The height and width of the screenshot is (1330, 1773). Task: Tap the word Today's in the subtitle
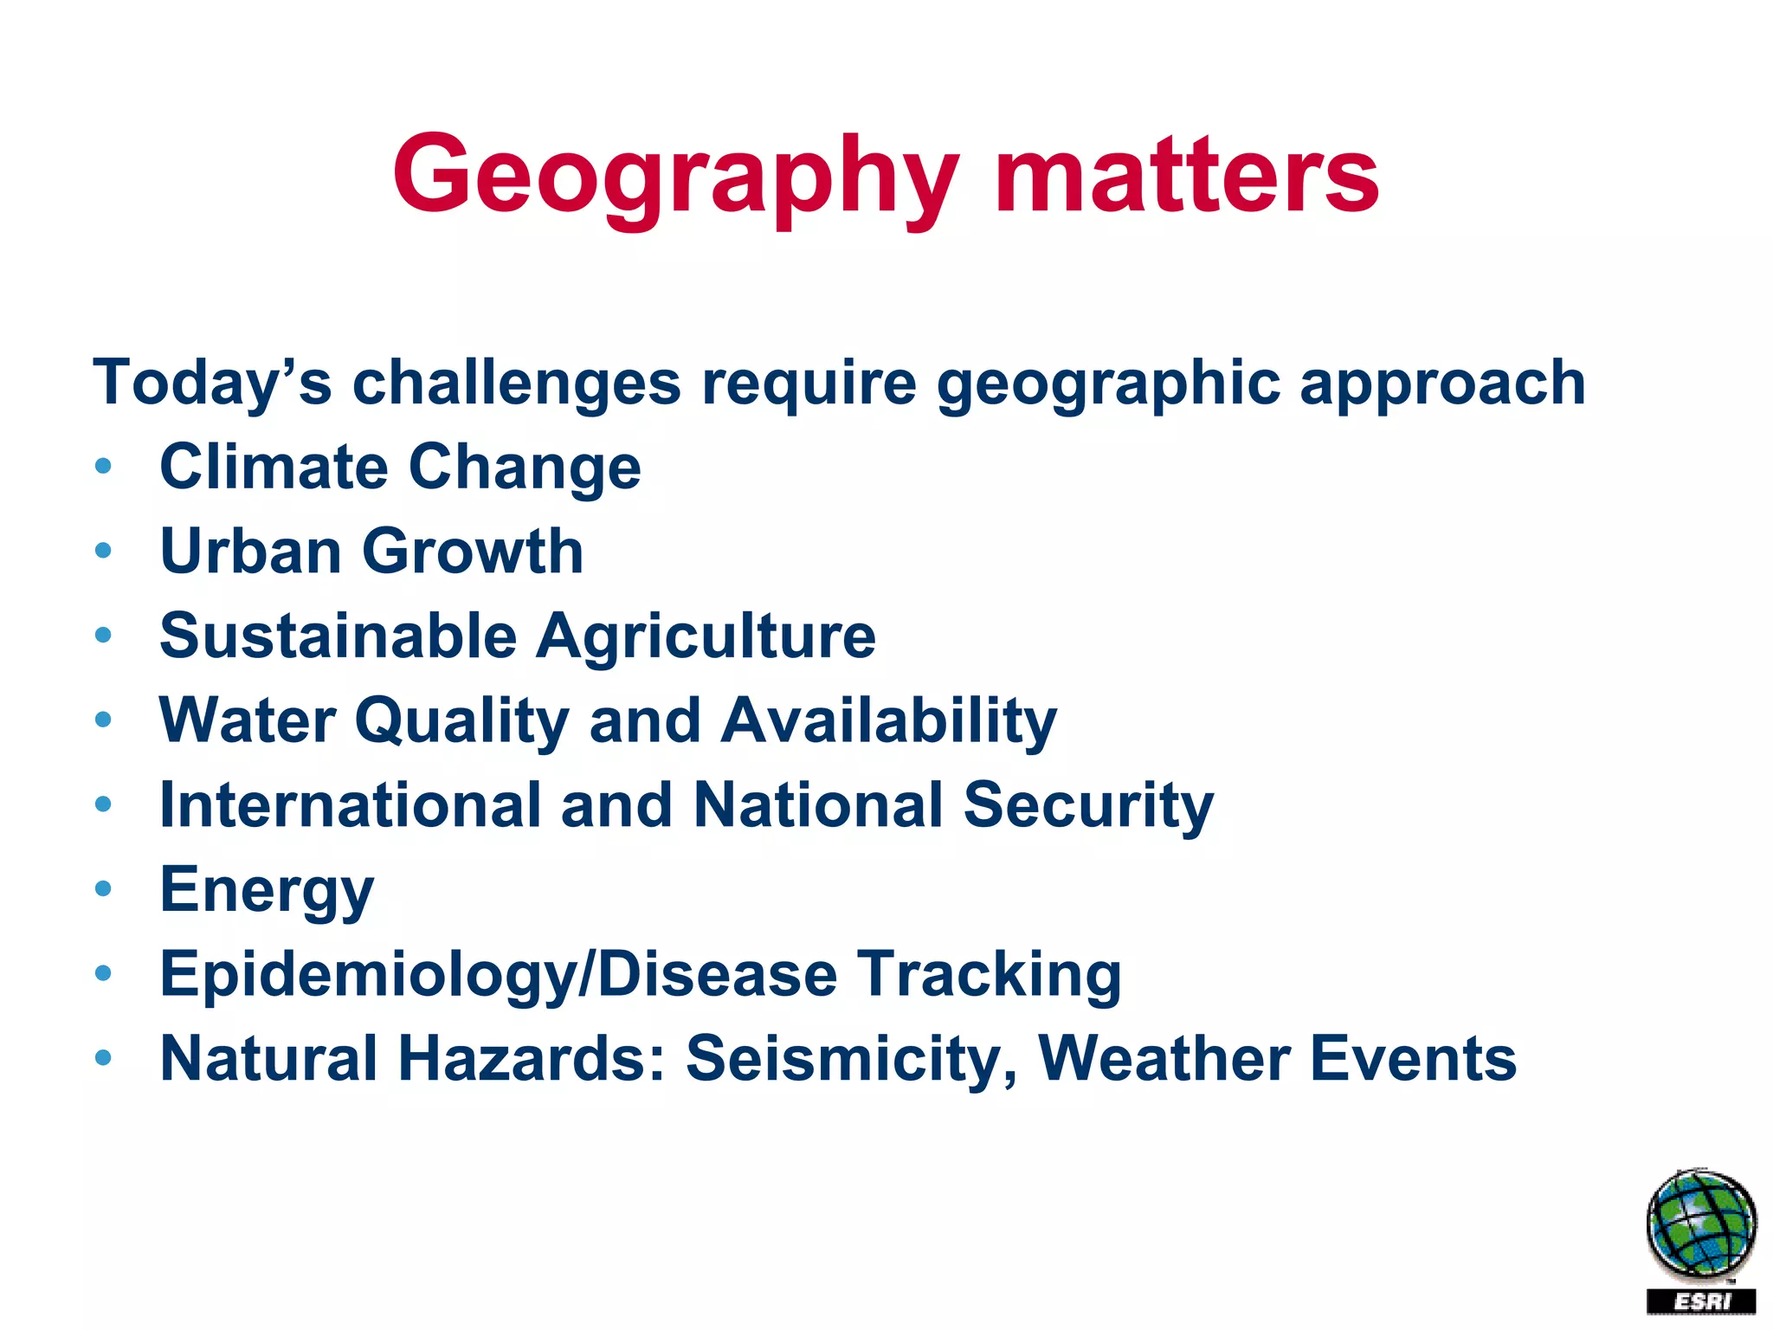(212, 382)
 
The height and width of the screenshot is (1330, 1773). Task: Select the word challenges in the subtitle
(516, 384)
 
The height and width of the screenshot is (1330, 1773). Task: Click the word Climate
(274, 467)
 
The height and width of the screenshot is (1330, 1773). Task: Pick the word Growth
(473, 551)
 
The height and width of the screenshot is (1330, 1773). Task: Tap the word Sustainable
(338, 636)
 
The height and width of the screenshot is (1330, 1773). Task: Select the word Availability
(889, 721)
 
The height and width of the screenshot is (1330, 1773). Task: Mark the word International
(350, 804)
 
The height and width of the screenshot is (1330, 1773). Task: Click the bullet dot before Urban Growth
(104, 551)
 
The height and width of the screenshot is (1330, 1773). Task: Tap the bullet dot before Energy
(104, 889)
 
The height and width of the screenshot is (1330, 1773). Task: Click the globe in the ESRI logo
(1701, 1223)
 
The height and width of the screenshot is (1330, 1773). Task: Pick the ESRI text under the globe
(1701, 1301)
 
